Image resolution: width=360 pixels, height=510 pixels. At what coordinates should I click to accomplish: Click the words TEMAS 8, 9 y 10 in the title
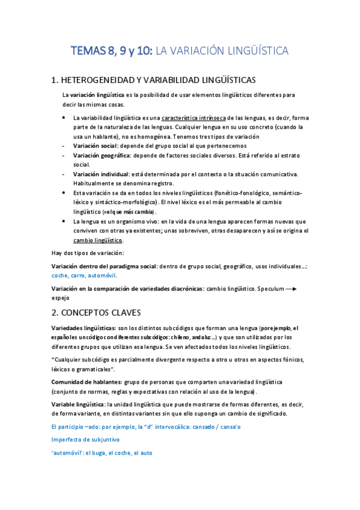(x=111, y=51)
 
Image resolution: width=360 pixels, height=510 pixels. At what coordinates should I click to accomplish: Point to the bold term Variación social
(x=95, y=146)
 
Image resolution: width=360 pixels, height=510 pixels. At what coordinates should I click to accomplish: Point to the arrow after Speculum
(x=291, y=289)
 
